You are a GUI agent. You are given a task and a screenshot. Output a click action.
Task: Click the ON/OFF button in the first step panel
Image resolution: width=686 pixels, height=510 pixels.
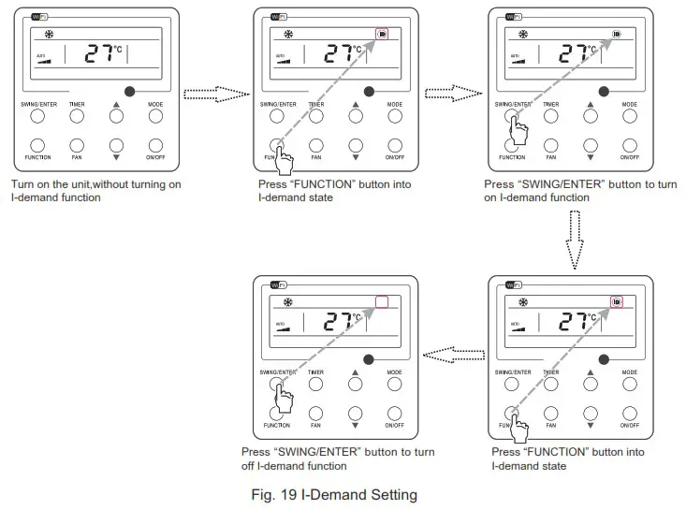(155, 145)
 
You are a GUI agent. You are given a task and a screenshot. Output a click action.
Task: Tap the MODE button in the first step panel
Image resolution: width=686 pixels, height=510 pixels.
(155, 117)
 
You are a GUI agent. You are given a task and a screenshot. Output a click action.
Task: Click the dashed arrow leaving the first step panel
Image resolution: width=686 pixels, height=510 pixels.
(213, 94)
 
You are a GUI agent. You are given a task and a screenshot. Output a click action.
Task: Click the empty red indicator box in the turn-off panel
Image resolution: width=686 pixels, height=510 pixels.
(381, 302)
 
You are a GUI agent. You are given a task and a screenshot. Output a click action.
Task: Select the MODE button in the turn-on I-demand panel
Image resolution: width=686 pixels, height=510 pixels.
(631, 117)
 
